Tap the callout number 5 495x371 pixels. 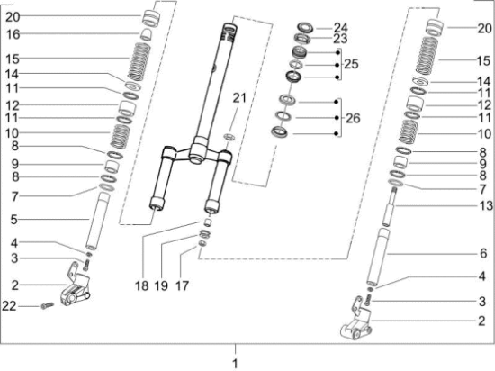click(x=13, y=219)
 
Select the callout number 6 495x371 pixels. click(x=481, y=254)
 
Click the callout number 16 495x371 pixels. click(x=13, y=34)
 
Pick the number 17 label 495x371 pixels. click(x=185, y=285)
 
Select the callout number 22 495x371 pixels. click(x=10, y=308)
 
